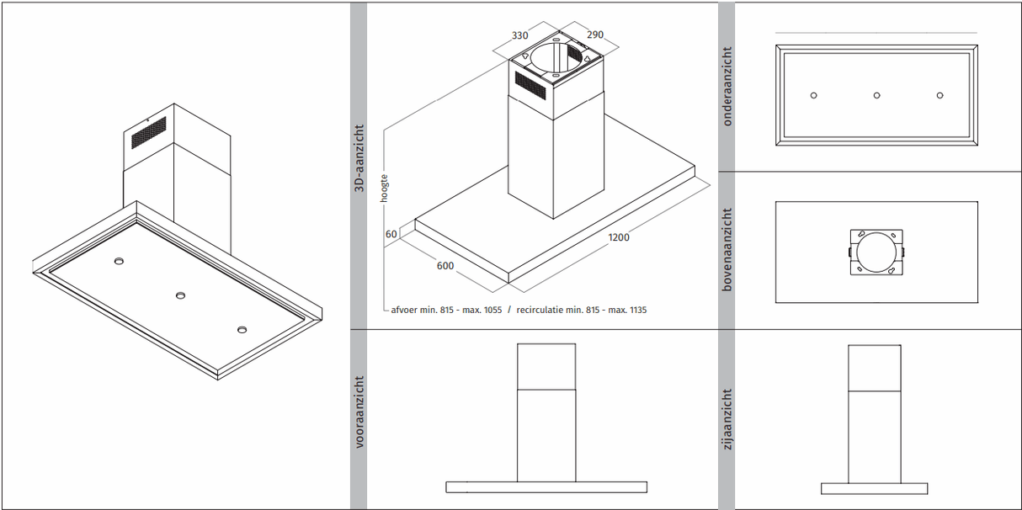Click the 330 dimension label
[x=519, y=35]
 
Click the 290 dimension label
[x=595, y=35]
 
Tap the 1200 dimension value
[x=618, y=237]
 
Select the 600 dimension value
[x=445, y=265]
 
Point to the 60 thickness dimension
[x=391, y=234]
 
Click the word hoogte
[x=384, y=188]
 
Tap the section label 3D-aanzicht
[x=359, y=158]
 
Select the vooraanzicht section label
[x=359, y=412]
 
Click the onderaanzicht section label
[x=727, y=86]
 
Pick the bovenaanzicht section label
[x=727, y=249]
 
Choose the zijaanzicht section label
[x=727, y=419]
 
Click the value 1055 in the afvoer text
[x=492, y=311]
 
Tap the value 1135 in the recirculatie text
[x=637, y=311]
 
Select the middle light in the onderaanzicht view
[x=876, y=95]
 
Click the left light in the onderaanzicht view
[x=813, y=95]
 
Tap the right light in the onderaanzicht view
[x=939, y=95]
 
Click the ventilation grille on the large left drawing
[x=149, y=132]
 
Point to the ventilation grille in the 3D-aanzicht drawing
[x=530, y=85]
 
